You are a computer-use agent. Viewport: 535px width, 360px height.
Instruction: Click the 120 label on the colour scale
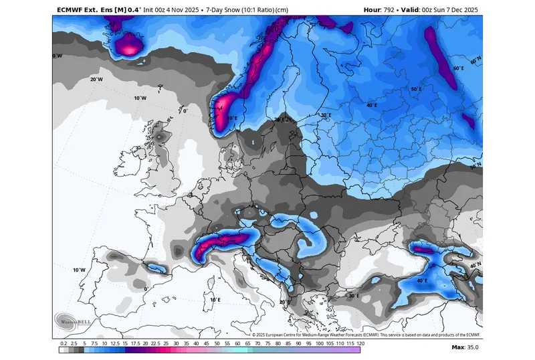[360, 343]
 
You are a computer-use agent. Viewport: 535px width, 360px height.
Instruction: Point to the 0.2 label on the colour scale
[63, 343]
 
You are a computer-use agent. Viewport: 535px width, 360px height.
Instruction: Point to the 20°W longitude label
[96, 79]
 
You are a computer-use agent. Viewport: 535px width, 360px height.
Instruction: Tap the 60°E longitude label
[458, 68]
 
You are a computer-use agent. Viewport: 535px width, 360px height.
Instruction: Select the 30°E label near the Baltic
[326, 115]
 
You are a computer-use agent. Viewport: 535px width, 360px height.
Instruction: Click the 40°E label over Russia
[371, 105]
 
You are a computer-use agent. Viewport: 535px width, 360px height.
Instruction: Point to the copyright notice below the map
[366, 334]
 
